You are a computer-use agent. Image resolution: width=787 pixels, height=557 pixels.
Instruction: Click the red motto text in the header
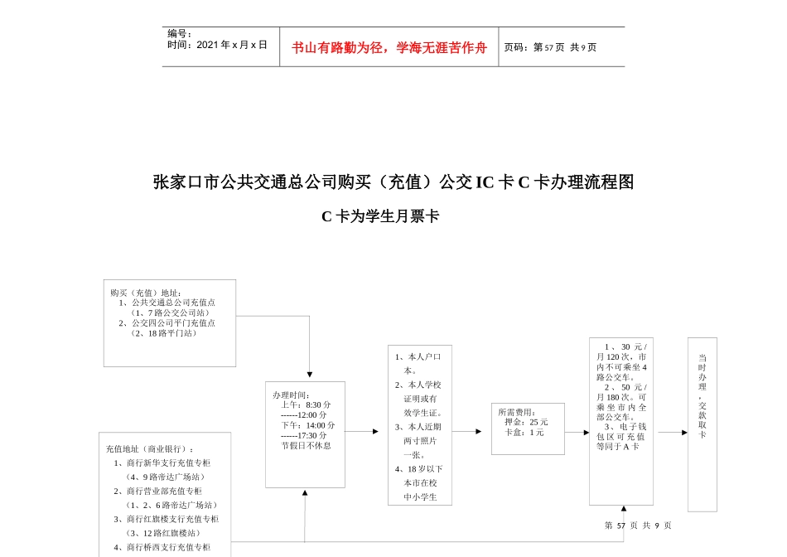click(389, 47)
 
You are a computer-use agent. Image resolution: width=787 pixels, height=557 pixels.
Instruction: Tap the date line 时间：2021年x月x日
click(217, 45)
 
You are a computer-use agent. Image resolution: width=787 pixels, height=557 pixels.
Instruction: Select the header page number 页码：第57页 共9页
click(550, 47)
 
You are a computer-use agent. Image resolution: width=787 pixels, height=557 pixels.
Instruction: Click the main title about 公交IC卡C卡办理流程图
click(393, 182)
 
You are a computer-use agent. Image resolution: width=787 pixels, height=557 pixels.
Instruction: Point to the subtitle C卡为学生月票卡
click(380, 217)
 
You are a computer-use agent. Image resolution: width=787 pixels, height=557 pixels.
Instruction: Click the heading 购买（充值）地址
click(146, 293)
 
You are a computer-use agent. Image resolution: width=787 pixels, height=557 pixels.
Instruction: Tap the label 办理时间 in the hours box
click(291, 395)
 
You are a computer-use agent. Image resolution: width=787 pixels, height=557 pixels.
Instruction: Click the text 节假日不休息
click(306, 445)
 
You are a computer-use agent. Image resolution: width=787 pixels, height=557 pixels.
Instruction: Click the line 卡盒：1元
click(524, 432)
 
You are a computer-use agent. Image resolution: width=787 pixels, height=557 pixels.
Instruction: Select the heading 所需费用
click(517, 412)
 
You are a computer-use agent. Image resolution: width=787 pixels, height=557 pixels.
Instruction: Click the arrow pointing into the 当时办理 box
click(674, 432)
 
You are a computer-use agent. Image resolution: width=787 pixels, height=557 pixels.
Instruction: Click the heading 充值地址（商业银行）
click(150, 448)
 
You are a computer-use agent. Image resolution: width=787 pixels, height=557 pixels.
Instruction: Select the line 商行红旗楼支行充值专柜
click(166, 519)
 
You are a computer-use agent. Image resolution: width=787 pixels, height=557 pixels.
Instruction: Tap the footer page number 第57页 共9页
click(638, 526)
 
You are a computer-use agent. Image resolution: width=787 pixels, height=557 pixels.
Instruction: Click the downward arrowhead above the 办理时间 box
click(310, 375)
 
